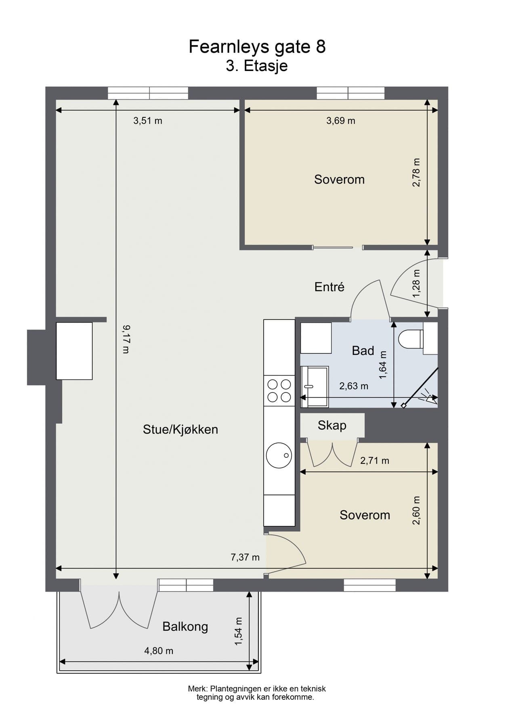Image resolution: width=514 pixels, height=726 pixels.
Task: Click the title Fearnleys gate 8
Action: tap(257, 47)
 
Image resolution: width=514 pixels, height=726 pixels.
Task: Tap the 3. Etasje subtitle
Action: tap(256, 66)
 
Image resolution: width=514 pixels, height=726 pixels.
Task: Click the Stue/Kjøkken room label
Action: tap(180, 430)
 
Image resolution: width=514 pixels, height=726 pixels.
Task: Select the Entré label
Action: tap(329, 287)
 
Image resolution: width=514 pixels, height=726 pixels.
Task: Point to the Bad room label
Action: tap(363, 350)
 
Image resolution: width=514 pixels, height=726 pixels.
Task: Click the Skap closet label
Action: tap(332, 426)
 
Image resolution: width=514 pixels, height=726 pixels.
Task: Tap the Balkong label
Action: tap(185, 626)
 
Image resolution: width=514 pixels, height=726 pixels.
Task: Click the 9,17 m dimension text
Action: tap(126, 340)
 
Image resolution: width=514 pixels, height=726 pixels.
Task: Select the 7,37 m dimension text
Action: tap(245, 557)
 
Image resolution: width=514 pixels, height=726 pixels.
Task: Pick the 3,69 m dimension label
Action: tap(341, 121)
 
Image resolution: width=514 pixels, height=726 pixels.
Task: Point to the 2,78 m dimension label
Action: tap(416, 172)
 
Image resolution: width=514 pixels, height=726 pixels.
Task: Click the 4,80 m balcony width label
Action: tap(159, 651)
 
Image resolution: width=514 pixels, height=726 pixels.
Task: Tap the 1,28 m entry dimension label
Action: tap(416, 284)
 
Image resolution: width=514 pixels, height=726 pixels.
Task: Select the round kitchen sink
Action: tap(279, 455)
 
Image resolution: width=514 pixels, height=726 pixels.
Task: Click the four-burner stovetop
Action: tap(279, 391)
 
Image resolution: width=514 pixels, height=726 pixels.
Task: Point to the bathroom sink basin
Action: tap(315, 386)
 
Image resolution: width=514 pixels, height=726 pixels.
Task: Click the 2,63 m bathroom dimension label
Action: tap(354, 386)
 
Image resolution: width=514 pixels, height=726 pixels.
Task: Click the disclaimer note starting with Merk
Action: tap(256, 693)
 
